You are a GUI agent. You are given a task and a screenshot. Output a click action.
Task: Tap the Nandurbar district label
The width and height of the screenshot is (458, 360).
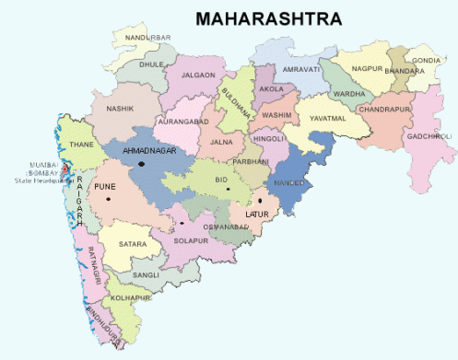pyautogui.click(x=147, y=37)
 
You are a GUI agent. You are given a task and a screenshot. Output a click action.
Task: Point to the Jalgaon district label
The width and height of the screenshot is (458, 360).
pyautogui.click(x=198, y=75)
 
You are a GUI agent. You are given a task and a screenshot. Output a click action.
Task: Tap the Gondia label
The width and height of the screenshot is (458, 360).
pyautogui.click(x=427, y=60)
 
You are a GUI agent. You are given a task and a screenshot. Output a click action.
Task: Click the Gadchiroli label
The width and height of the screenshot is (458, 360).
pyautogui.click(x=429, y=136)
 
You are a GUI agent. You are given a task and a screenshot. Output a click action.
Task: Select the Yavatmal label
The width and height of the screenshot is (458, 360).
pyautogui.click(x=330, y=118)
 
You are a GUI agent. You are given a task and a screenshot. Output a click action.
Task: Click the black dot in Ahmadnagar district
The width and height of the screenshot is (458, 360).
pyautogui.click(x=143, y=164)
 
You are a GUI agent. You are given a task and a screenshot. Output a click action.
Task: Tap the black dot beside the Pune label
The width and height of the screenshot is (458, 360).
pyautogui.click(x=109, y=199)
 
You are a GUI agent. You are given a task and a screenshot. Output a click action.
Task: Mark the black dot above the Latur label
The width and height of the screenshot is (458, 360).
pyautogui.click(x=260, y=200)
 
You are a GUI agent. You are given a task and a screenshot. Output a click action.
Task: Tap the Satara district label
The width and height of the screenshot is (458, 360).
pyautogui.click(x=133, y=244)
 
